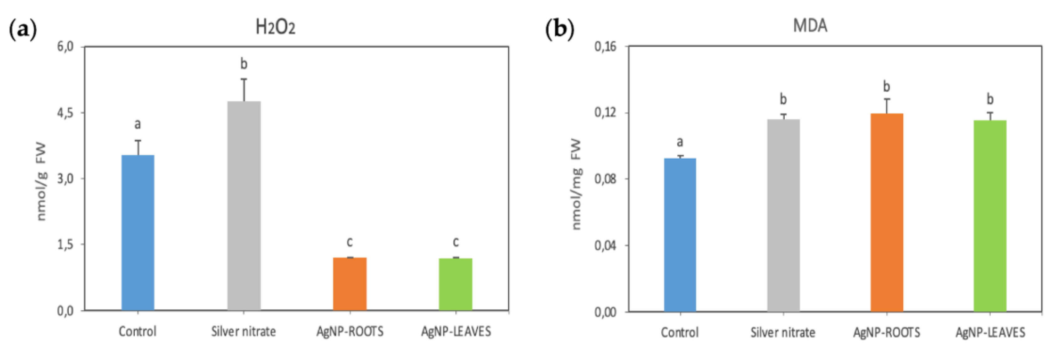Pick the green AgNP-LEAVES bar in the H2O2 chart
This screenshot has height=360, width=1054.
point(455,284)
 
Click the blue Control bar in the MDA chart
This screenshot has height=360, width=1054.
point(680,235)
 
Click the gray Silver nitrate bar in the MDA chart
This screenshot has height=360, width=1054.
point(783,215)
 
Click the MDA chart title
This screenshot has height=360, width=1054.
point(810,26)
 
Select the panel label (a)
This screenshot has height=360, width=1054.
point(23,30)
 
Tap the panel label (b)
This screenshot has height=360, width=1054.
point(560,30)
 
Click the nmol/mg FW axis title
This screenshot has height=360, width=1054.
point(576,184)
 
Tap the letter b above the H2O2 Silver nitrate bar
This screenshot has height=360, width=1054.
point(244,64)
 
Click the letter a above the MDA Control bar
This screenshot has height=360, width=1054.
point(680,142)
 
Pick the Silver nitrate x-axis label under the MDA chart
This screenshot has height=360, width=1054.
point(783,332)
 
